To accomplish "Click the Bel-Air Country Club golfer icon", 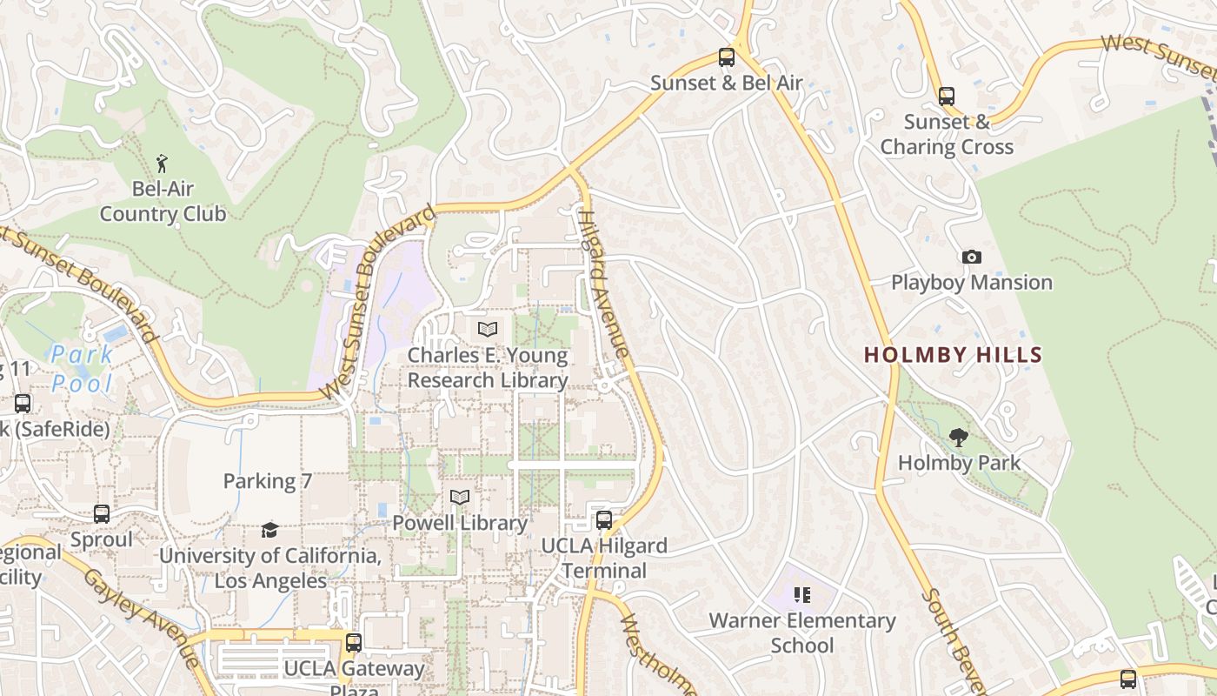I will [x=162, y=163].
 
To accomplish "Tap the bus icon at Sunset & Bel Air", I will [x=727, y=58].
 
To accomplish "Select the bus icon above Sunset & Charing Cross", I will [x=947, y=97].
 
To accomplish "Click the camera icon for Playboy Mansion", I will [x=972, y=257].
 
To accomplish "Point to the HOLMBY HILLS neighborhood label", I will [x=953, y=355].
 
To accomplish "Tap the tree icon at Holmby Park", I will [x=959, y=438].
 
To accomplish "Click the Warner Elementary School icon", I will [x=801, y=595].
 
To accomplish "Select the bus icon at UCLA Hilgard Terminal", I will [x=604, y=521].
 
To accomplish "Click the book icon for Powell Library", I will [x=460, y=498].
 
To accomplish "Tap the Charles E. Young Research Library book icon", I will [x=488, y=330].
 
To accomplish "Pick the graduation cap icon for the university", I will [x=270, y=530].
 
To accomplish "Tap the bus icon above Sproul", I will [x=102, y=514].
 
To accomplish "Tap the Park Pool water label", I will [x=82, y=369].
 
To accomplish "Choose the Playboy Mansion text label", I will [x=972, y=283].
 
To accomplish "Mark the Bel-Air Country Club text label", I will [x=163, y=201].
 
